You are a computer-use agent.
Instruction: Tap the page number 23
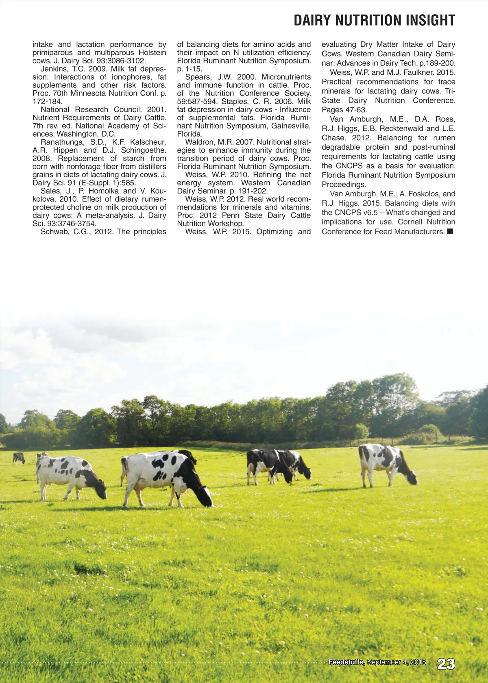click(446, 664)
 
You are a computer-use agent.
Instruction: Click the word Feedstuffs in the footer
click(346, 662)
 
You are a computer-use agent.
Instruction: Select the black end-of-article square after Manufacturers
click(450, 232)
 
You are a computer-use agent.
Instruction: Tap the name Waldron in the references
click(200, 142)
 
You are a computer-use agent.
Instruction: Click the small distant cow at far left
click(19, 458)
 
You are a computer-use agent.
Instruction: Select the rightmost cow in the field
click(388, 463)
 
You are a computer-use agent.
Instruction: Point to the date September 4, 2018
click(396, 662)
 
